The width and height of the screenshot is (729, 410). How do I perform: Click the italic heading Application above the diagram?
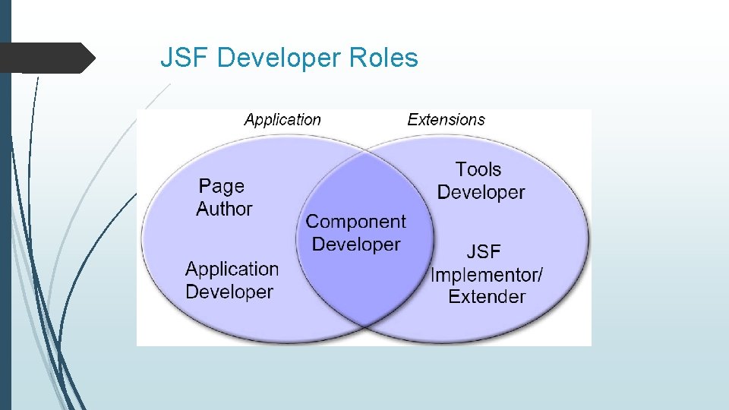tap(282, 119)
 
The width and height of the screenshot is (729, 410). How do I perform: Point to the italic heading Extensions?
tap(446, 119)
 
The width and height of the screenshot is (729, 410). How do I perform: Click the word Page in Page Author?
tap(222, 187)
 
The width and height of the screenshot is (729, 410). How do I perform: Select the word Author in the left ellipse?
tap(224, 209)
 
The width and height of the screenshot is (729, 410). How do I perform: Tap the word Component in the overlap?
tap(355, 222)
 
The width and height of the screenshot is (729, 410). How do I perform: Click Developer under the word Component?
tap(355, 244)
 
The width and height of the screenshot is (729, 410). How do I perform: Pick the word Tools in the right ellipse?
tap(478, 169)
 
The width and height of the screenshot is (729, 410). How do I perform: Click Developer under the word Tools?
tap(481, 192)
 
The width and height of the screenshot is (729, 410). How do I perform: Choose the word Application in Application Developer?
tap(232, 269)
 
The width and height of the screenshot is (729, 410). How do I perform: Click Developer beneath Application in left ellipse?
tap(229, 292)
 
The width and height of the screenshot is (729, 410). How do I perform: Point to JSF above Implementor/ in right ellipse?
tap(484, 251)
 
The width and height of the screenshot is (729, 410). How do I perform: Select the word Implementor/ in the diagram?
tap(487, 274)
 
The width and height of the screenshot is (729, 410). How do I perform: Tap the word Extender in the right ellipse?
tap(487, 296)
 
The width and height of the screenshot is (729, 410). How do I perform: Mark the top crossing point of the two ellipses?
tap(365, 152)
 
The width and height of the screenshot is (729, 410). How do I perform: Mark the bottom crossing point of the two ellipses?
tap(365, 326)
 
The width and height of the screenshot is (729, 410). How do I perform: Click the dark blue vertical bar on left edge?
tap(5, 205)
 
